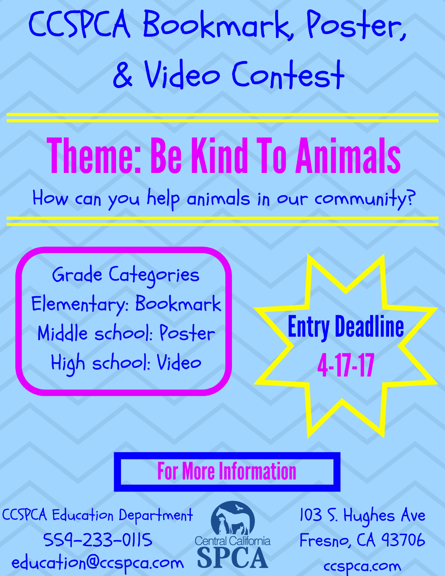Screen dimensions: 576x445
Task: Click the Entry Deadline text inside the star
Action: (x=346, y=327)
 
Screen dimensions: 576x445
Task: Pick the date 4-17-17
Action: (x=346, y=366)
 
